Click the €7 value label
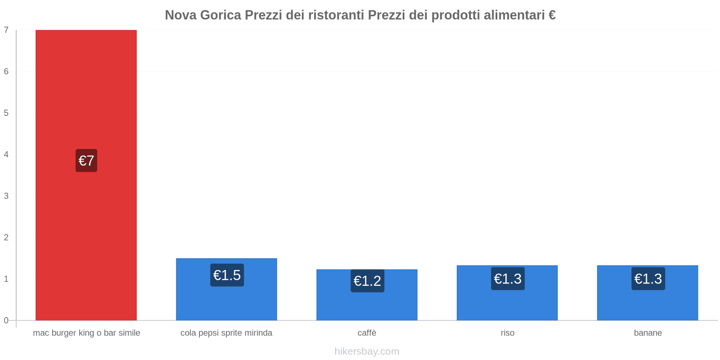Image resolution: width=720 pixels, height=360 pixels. point(86,161)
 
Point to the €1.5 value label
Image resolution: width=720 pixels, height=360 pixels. point(227,275)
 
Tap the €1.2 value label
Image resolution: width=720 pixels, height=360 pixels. point(367,281)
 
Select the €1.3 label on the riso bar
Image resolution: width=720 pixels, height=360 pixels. point(508,279)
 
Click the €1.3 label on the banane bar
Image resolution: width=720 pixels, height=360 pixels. point(648,279)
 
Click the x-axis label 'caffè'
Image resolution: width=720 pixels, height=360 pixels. point(367,333)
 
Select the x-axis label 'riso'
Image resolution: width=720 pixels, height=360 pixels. point(507,333)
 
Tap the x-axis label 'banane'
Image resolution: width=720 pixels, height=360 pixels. point(648,333)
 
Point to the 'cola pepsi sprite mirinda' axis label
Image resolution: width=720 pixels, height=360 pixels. point(226,333)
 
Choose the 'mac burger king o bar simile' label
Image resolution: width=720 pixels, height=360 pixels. point(86,333)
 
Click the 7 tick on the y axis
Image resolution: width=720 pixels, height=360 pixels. point(6,30)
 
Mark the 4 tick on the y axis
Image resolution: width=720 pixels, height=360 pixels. point(6,154)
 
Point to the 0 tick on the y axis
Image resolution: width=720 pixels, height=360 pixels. point(6,320)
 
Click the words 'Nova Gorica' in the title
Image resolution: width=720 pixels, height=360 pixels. point(203,15)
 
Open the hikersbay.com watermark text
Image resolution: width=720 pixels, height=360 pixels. point(367,351)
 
